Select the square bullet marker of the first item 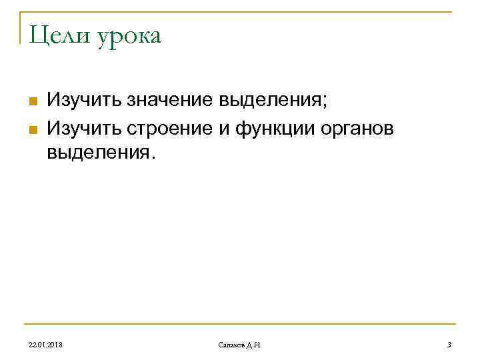pyautogui.click(x=31, y=101)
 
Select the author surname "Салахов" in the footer pyautogui.click(x=231, y=345)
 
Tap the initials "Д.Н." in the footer pyautogui.click(x=255, y=345)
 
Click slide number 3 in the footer pyautogui.click(x=449, y=345)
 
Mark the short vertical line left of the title pyautogui.click(x=20, y=27)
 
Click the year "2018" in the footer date pyautogui.click(x=56, y=345)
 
